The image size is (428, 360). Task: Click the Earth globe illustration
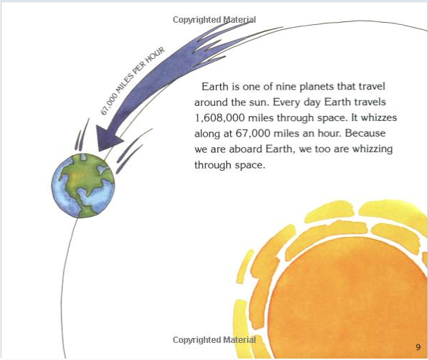(x=83, y=186)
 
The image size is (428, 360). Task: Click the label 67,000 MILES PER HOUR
(x=132, y=80)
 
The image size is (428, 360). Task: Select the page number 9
(x=418, y=347)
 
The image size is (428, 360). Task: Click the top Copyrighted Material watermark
(x=214, y=20)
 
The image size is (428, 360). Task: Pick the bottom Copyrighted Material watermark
(x=214, y=340)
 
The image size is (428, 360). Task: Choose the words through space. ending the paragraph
(x=229, y=165)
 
